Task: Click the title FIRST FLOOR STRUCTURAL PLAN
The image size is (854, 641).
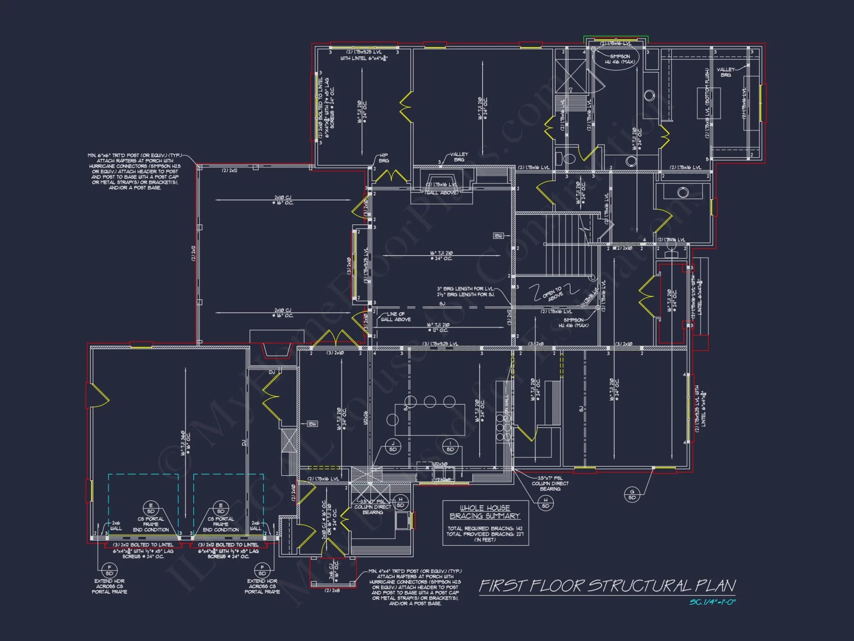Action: tap(607, 586)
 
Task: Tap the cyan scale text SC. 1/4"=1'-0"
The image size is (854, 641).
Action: tap(712, 602)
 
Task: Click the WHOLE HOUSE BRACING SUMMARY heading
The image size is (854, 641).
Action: tap(485, 512)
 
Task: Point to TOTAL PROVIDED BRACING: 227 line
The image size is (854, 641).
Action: tap(485, 534)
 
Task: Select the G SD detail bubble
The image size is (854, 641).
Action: tap(632, 494)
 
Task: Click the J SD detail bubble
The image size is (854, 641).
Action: tap(393, 447)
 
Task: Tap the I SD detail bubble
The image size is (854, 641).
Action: tap(450, 447)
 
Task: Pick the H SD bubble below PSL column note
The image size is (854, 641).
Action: tap(546, 503)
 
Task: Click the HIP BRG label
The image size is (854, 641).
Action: tap(383, 158)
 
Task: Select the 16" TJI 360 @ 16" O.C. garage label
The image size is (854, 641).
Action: tap(185, 443)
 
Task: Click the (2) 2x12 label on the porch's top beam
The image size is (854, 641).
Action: tap(229, 171)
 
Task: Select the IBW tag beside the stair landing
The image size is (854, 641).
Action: tap(498, 236)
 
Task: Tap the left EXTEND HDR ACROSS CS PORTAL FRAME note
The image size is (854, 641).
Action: tap(109, 586)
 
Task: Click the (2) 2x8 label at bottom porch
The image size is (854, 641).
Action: tap(332, 591)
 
